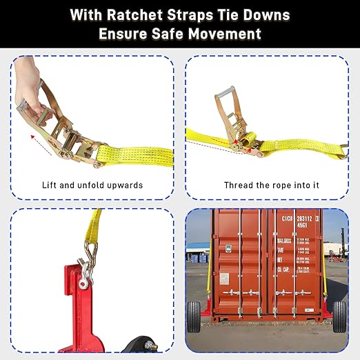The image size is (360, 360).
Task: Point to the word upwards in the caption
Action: coord(123,186)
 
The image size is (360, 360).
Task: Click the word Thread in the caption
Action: coord(238,186)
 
